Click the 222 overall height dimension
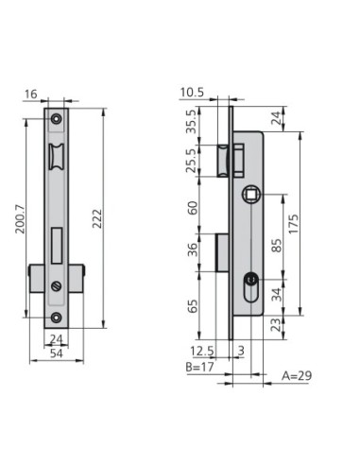click(x=97, y=218)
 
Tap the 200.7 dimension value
click(x=21, y=219)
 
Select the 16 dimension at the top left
click(x=31, y=94)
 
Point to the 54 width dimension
click(x=57, y=353)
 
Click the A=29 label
click(x=297, y=375)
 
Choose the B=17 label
click(x=199, y=367)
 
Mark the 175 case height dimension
click(x=293, y=224)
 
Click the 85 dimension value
click(x=276, y=246)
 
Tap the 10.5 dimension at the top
click(x=192, y=93)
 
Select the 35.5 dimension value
click(x=192, y=122)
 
